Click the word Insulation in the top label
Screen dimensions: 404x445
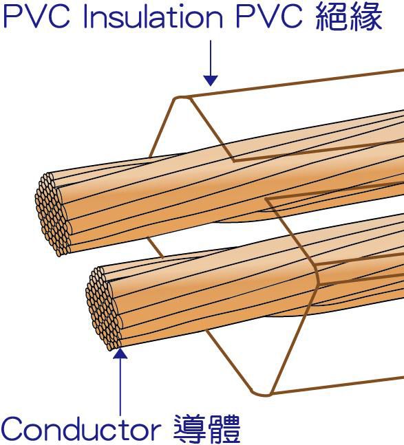pos(153,17)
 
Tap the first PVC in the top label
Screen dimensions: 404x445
pos(36,17)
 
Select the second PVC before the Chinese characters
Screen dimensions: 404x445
pos(269,17)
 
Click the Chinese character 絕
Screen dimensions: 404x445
pos(332,17)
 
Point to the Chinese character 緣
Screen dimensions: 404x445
pos(366,17)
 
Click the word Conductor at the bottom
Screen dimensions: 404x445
pos(81,429)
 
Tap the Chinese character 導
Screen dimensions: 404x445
pos(190,428)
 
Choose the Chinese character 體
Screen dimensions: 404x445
pos(224,428)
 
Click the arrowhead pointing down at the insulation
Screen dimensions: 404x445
pos(211,80)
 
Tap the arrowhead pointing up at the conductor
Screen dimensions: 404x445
pos(120,354)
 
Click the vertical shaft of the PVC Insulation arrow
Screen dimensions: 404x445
pos(211,58)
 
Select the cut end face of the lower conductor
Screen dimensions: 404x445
pos(104,309)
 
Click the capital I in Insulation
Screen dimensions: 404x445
pos(85,17)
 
